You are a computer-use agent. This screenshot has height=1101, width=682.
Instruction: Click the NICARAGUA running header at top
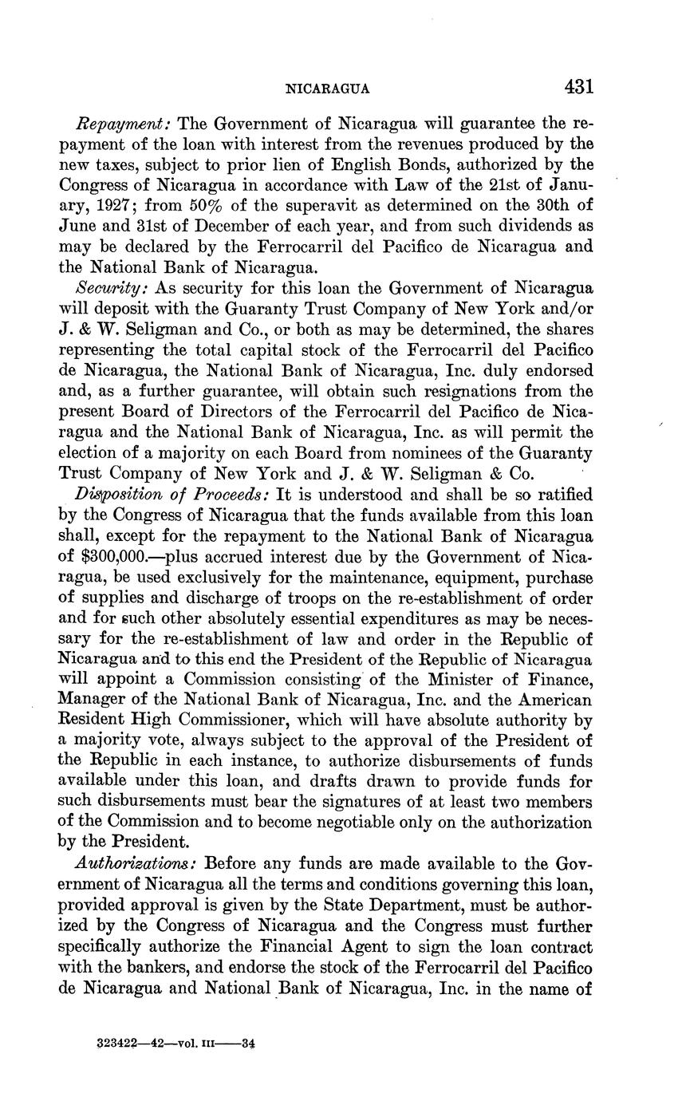[327, 89]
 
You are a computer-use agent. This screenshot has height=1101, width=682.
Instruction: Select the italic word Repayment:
[124, 125]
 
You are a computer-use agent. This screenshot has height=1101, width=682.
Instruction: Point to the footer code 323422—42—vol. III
[164, 1043]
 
